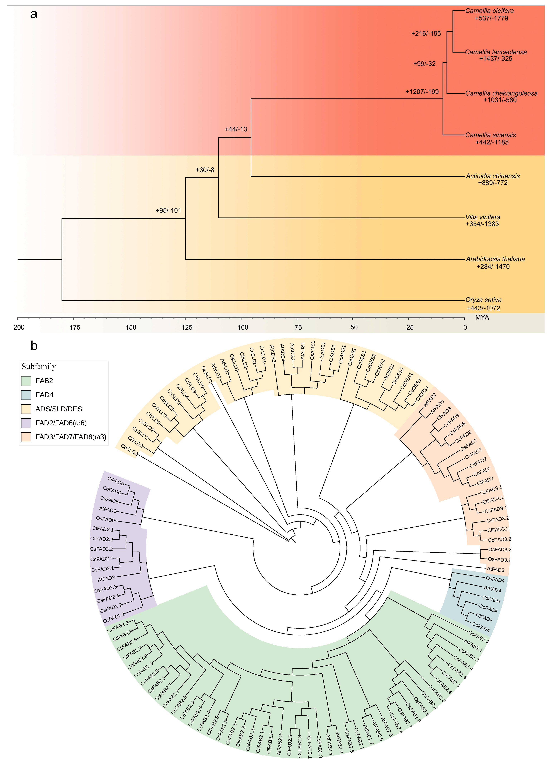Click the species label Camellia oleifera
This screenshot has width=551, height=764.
[489, 11]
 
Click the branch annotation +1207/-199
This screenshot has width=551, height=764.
[422, 92]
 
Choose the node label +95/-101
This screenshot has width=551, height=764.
[168, 210]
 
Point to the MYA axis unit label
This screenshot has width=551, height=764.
[482, 317]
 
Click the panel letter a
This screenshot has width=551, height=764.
[34, 14]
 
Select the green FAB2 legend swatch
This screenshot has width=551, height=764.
[26, 381]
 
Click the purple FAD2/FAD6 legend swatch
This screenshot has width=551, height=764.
[26, 423]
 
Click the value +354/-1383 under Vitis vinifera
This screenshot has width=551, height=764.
[482, 224]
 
